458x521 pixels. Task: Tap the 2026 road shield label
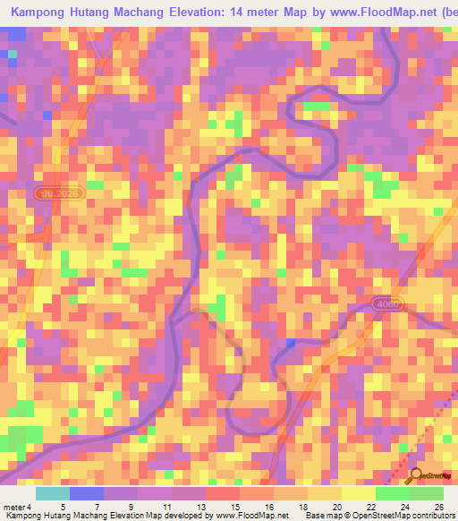[61, 193]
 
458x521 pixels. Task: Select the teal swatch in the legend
[52, 493]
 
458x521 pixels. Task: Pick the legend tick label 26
[438, 506]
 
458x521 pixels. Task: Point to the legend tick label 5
[62, 506]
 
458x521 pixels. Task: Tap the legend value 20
[335, 506]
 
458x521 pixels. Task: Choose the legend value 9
[131, 506]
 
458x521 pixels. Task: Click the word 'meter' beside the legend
[13, 506]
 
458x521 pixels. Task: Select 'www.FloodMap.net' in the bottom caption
[247, 516]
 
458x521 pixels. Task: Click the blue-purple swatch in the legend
[86, 493]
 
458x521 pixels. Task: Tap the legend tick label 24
[404, 506]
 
